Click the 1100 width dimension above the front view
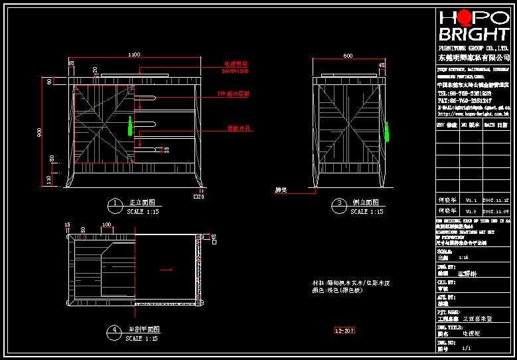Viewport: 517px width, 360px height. tap(134, 54)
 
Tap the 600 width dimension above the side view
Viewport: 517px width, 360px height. tap(348, 55)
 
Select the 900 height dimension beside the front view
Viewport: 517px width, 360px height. tap(40, 132)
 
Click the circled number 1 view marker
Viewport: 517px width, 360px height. tap(115, 203)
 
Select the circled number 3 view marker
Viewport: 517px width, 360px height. tap(339, 203)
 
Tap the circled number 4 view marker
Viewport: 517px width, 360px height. tap(115, 329)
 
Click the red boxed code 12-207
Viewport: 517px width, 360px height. tap(344, 329)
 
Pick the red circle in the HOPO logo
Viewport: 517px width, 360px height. tap(464, 18)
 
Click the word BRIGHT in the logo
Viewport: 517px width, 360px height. tap(473, 35)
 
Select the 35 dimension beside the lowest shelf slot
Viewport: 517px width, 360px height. tap(166, 149)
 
